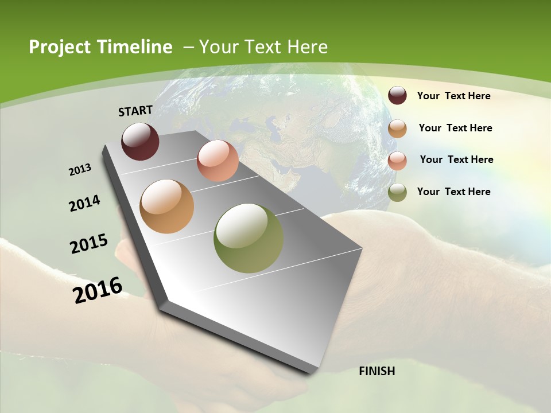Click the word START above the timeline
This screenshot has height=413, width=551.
coord(135,111)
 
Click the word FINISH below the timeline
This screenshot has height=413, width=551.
coord(377,371)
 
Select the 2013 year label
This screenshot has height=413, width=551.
coord(80,170)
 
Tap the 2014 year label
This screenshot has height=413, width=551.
coord(84,204)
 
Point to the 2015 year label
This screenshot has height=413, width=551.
coord(89,244)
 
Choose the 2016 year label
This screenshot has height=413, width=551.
coord(98,290)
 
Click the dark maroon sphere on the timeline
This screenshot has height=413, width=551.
coord(140,141)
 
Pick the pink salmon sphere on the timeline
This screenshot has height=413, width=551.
coord(218,161)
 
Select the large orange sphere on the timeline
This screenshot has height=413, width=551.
coord(166,206)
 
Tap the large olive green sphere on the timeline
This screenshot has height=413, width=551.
coord(249,238)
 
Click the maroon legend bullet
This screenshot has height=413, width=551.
coord(397,96)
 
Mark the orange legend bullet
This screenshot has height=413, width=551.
coord(397,128)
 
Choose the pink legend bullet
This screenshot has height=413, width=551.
coord(397,161)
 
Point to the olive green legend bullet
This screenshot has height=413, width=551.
coord(397,192)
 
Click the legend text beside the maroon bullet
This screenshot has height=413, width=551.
coord(453,96)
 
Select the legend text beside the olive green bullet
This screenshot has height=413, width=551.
coord(453,192)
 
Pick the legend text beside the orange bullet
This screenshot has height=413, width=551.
coord(455,128)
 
